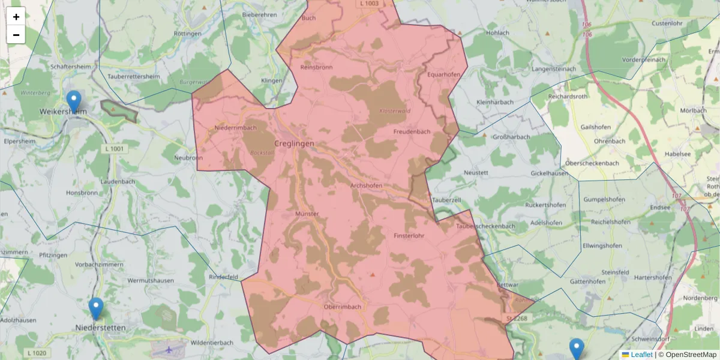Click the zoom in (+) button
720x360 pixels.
(x=16, y=16)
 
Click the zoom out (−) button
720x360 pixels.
(x=16, y=34)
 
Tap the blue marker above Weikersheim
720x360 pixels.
(x=74, y=101)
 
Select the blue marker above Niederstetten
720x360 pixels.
(x=96, y=308)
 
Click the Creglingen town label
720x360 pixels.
(x=293, y=143)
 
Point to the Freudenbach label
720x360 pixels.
(x=411, y=131)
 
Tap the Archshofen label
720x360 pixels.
(x=366, y=185)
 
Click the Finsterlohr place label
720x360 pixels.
(x=409, y=236)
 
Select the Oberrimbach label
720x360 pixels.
(x=343, y=307)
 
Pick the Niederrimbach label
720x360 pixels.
(x=235, y=128)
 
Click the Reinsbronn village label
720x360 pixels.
(x=316, y=67)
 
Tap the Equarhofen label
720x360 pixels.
(x=443, y=74)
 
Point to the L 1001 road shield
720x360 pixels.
(x=113, y=148)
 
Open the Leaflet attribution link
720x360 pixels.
(x=641, y=355)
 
